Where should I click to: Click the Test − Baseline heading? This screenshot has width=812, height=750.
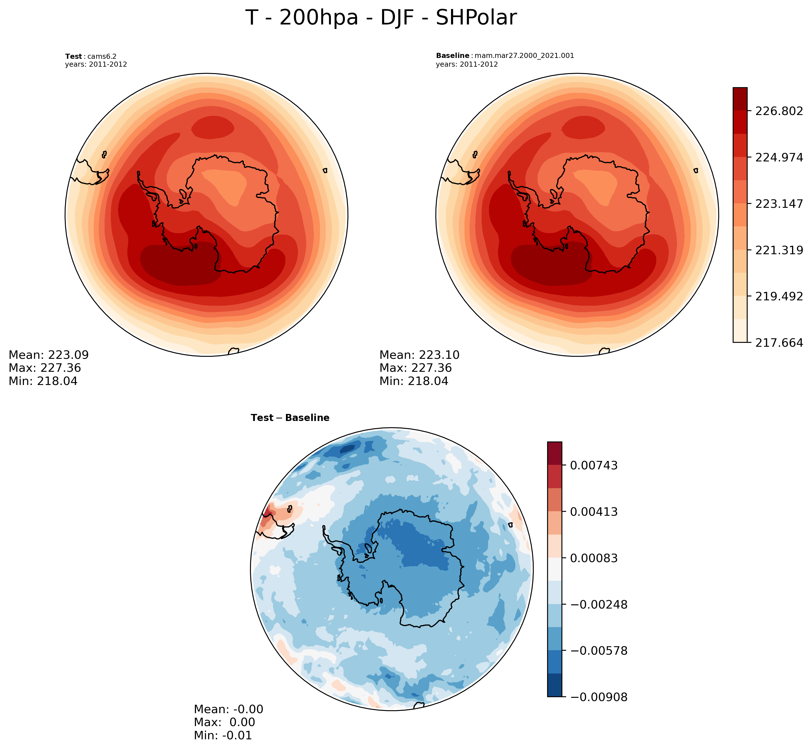tap(290, 418)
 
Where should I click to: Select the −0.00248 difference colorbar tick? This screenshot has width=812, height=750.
tap(599, 605)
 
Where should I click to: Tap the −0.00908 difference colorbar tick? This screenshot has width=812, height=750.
tap(599, 697)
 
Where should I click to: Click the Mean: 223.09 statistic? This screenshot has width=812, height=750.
tap(49, 355)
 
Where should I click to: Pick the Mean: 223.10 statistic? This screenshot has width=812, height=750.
tap(419, 355)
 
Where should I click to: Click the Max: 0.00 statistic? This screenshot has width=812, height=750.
tap(224, 722)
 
